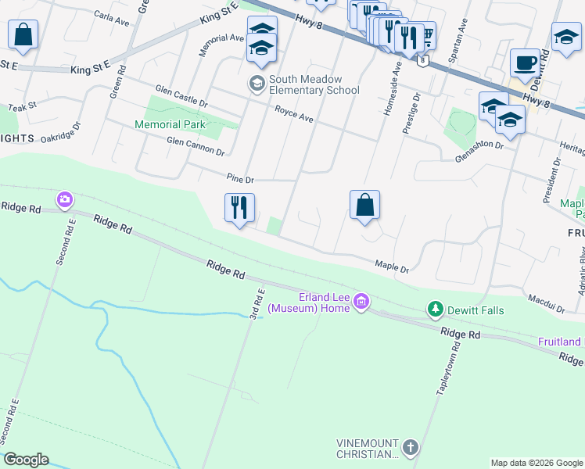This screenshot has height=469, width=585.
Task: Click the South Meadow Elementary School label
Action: point(314,84)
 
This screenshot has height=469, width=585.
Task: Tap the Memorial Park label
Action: point(170,124)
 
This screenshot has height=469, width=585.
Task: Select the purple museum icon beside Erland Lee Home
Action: point(361,301)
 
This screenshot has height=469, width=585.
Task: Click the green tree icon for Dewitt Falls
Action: point(435,310)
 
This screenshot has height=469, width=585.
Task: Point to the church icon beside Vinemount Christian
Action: point(411,448)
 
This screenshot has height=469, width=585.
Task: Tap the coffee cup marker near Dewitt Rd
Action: point(525,63)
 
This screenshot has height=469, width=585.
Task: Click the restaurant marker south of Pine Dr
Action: point(239,208)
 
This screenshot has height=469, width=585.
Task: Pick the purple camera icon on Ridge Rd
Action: point(64,200)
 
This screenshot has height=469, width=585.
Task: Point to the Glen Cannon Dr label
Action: point(196,147)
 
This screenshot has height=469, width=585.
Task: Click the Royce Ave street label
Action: point(293,115)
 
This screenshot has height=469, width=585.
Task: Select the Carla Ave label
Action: point(111,19)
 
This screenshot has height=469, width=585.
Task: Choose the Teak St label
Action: point(22,106)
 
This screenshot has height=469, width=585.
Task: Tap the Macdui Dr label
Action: point(546,303)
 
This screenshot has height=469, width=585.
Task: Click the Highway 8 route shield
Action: point(422,60)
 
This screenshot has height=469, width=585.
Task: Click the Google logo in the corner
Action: point(25,460)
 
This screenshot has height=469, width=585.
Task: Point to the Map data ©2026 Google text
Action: point(537,463)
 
